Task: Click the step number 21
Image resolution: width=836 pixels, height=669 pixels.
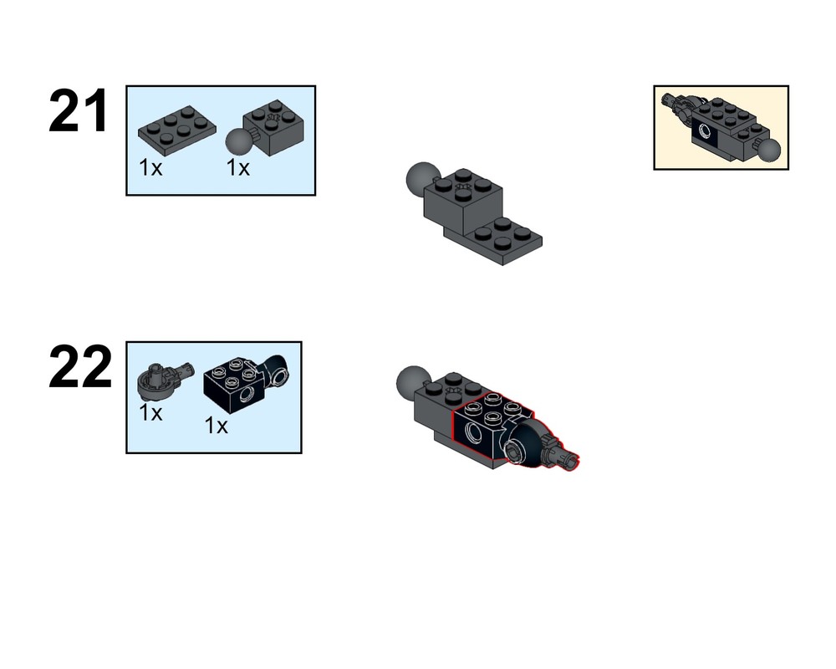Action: pos(79,111)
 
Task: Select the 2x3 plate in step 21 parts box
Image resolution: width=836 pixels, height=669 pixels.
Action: pos(177,130)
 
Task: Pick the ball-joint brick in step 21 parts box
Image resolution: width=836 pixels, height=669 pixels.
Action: pos(266,129)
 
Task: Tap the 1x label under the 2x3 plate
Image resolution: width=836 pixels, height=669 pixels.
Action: pos(150,167)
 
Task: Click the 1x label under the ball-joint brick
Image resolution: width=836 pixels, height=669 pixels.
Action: pos(237,167)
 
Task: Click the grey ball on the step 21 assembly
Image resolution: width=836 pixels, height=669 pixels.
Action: pos(421,177)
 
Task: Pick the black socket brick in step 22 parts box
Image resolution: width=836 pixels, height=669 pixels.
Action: pos(247,383)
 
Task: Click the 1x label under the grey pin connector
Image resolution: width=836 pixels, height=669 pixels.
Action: pos(150,412)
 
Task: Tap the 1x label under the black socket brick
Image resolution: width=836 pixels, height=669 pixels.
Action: pos(216,426)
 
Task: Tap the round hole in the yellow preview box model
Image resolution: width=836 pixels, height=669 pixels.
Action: pos(705,130)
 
